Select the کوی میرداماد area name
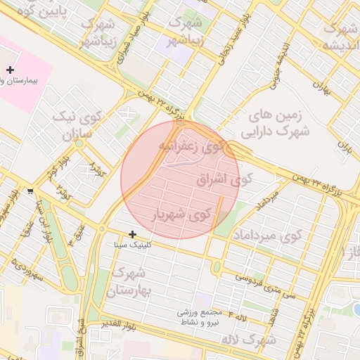[x=266, y=234]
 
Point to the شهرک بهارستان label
[x=131, y=281]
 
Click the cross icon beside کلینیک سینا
[x=132, y=234]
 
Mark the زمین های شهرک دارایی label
[x=276, y=122]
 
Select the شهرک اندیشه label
[x=340, y=37]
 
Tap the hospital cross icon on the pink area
[x=10, y=70]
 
